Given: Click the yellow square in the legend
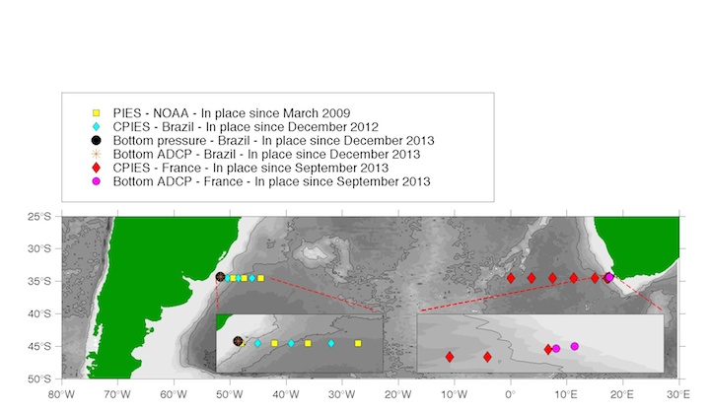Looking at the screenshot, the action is coord(96,113).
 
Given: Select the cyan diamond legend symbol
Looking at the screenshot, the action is coord(96,127).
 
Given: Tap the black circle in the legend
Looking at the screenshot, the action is coord(96,140).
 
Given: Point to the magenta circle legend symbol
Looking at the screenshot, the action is coord(96,181).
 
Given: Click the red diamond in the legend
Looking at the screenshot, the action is coord(96,168).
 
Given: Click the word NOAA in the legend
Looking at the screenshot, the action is coord(171,113).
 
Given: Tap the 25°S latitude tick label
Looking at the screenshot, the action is coord(39,216).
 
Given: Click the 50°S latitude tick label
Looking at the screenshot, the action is coord(39,379).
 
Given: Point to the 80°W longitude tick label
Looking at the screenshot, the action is coord(61,394).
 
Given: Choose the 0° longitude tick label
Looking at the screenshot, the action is coord(511,394).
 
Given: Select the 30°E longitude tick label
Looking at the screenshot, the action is coord(678,394).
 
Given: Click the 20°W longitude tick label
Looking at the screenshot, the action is coord(398,394).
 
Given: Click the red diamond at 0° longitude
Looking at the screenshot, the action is coord(511,278).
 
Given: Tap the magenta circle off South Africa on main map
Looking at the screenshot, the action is coord(609,277).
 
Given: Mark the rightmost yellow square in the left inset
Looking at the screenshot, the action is coord(358,343).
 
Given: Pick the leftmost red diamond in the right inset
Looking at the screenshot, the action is coord(450,357).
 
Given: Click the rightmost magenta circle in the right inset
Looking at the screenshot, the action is coord(574,346).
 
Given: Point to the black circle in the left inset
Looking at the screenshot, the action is coord(238,341).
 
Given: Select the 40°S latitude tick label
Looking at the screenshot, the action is coord(39,313).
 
